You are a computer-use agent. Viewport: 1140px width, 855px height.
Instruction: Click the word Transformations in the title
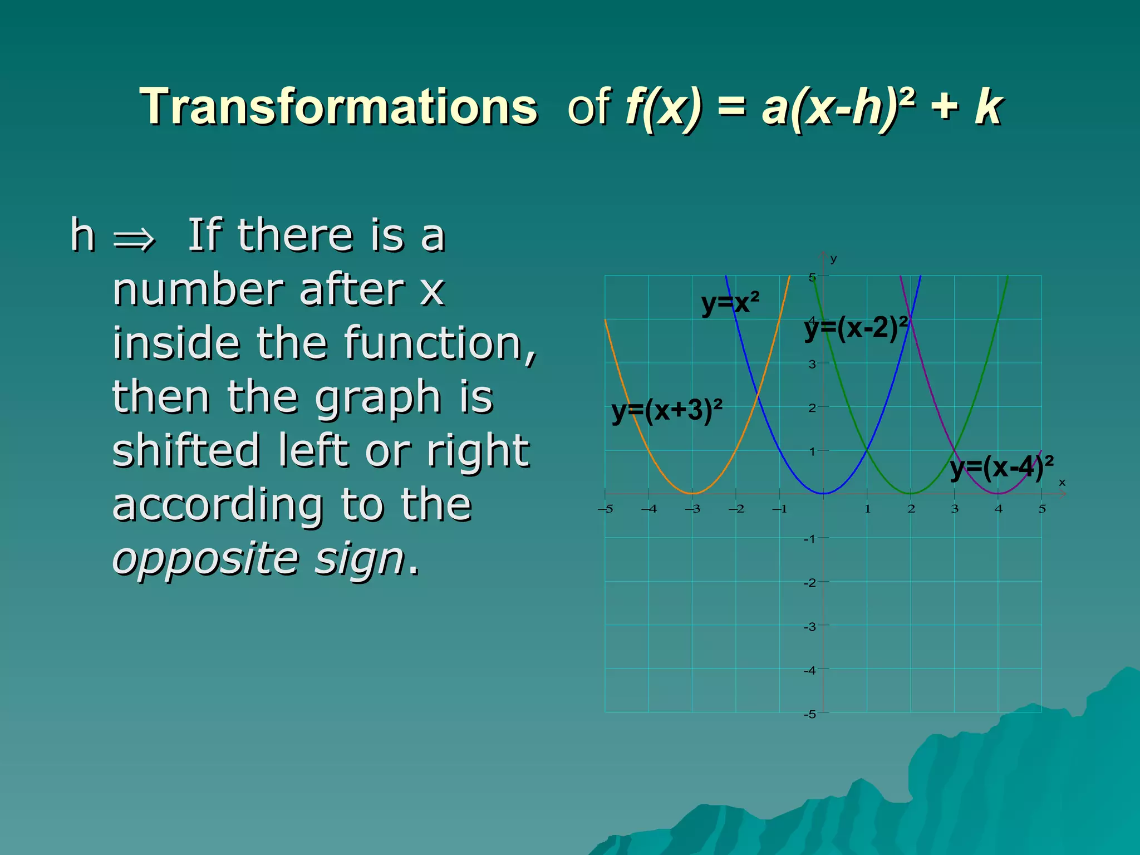[x=338, y=107]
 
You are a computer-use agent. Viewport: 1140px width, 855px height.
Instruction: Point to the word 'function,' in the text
[x=440, y=343]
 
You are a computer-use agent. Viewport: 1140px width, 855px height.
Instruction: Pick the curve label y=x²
[x=730, y=303]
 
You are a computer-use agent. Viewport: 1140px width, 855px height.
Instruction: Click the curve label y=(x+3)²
[x=666, y=411]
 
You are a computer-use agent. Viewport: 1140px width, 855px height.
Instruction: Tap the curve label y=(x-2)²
[x=856, y=328]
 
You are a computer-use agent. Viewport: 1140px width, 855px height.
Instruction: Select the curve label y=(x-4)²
[x=1001, y=467]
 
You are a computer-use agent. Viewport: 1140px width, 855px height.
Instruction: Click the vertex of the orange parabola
[x=692, y=493]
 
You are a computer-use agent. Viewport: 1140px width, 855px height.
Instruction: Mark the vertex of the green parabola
[x=911, y=493]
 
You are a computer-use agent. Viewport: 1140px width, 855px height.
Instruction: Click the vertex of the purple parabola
[x=998, y=493]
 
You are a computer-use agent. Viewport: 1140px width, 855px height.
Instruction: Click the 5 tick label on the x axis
[x=1042, y=509]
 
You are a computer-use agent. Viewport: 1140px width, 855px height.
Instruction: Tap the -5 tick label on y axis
[x=810, y=714]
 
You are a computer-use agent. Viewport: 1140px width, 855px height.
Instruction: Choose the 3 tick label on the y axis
[x=812, y=365]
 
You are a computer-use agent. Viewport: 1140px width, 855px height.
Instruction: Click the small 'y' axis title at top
[x=833, y=259]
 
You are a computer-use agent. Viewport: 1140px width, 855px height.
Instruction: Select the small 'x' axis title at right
[x=1062, y=483]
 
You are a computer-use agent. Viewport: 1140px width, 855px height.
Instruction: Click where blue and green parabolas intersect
[x=867, y=450]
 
